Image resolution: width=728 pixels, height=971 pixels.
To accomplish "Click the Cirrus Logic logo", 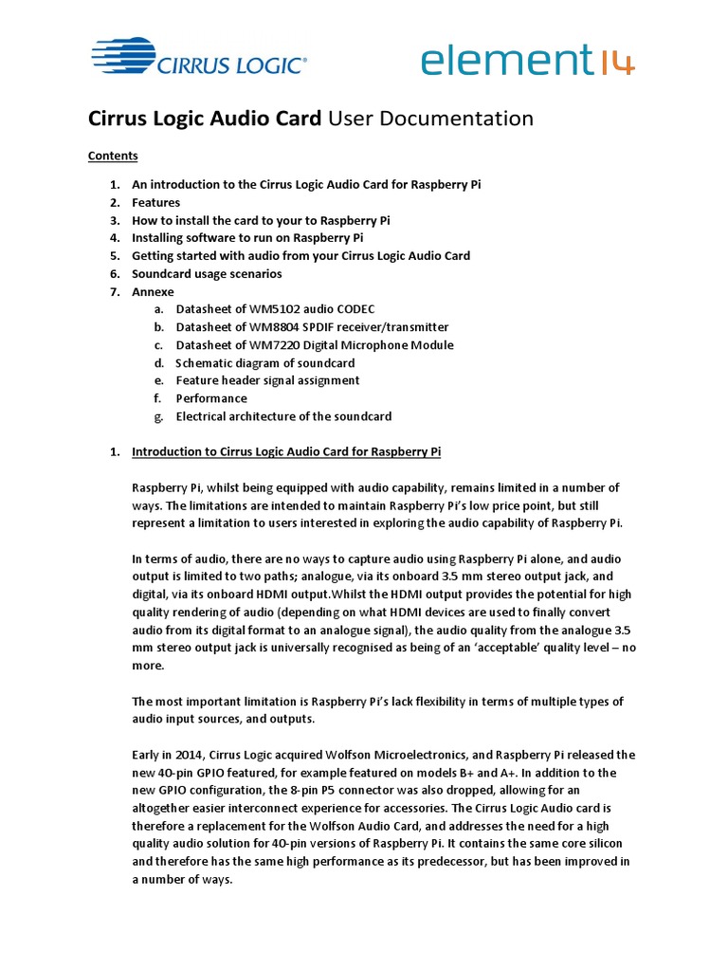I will coord(198,59).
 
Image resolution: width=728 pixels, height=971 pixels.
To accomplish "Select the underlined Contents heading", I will coord(113,156).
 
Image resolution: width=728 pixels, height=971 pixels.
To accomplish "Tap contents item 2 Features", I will coord(155,202).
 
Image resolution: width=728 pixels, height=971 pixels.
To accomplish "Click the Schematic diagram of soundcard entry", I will coord(265,363).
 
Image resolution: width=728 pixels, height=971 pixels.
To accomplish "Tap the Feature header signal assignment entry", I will coord(267,380).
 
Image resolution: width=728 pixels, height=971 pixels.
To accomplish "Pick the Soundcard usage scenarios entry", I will coord(207,274).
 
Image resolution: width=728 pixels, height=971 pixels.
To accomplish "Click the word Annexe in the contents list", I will coord(153,292).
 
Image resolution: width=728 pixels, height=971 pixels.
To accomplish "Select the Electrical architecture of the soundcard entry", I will coord(283,416).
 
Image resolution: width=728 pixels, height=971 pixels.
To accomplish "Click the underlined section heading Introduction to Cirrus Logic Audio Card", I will coord(286,451).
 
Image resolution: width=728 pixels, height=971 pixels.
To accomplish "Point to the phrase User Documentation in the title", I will coord(430,119).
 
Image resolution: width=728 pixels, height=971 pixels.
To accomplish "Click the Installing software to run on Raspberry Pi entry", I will coord(247,238).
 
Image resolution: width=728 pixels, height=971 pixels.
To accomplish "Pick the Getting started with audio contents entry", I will coord(300,256).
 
